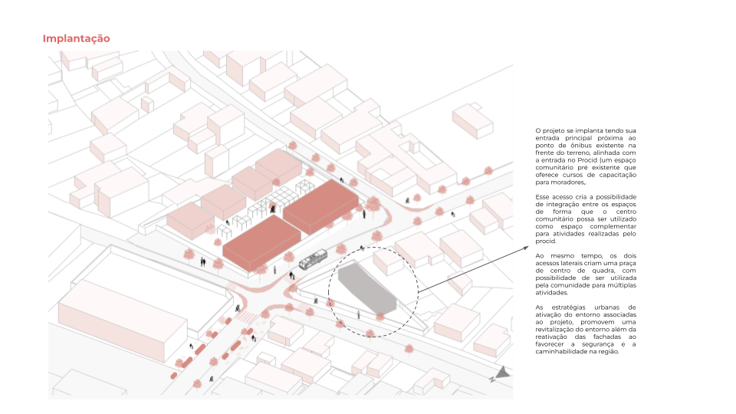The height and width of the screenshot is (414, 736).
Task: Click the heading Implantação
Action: click(77, 38)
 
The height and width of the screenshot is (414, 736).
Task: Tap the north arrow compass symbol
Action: click(501, 374)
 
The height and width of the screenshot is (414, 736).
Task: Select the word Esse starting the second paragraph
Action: click(543, 198)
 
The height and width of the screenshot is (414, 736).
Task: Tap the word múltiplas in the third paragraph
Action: click(621, 285)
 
